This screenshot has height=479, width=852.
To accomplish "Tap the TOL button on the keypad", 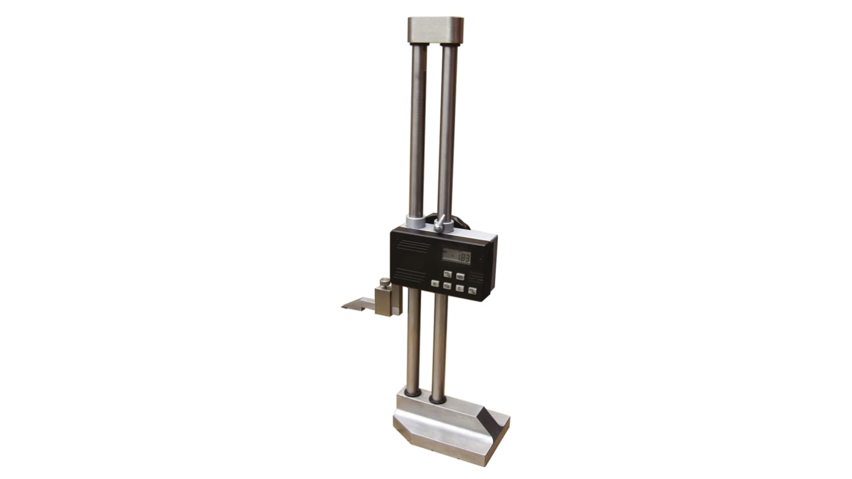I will (447, 286).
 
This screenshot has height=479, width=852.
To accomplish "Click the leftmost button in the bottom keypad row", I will (434, 283).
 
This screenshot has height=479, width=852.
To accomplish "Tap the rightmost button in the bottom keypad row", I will (472, 291).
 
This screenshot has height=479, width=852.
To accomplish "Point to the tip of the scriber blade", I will (344, 307).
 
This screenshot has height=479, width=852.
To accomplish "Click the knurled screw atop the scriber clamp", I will (385, 282).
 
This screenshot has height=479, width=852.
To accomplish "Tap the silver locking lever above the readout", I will (440, 224).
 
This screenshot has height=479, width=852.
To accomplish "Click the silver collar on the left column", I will (415, 221).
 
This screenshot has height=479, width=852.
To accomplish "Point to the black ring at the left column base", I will (412, 393).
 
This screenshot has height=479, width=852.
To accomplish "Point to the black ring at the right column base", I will (438, 398).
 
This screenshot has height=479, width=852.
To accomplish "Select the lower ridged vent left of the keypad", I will (407, 275).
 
